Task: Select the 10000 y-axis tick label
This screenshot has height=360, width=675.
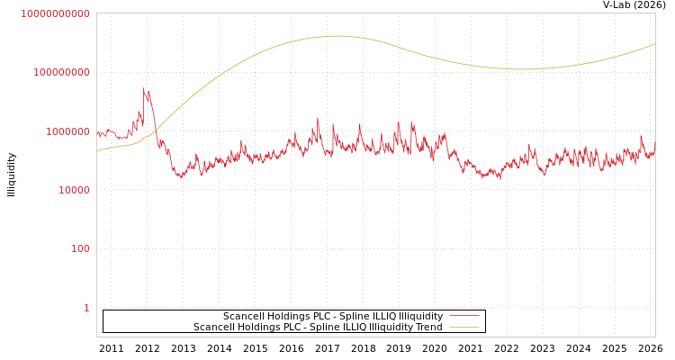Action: point(74,190)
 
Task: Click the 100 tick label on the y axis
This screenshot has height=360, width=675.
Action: point(80,248)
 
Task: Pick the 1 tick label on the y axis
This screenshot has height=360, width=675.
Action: point(86,308)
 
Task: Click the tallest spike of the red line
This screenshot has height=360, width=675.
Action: point(144,88)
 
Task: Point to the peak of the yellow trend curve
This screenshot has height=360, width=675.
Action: point(336,36)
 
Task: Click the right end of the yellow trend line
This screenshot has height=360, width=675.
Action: point(654,43)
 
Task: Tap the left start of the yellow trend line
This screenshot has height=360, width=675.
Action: point(97,151)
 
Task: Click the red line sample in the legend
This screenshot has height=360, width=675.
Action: point(463,317)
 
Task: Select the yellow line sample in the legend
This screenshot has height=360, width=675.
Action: point(463,328)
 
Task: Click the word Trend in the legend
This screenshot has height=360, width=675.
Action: point(427,328)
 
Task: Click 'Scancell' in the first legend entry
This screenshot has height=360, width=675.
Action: point(245,317)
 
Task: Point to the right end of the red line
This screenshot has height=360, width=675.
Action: point(654,148)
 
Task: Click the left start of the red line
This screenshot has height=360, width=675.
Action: point(97,133)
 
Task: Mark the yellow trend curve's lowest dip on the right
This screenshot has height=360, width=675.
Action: point(525,69)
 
